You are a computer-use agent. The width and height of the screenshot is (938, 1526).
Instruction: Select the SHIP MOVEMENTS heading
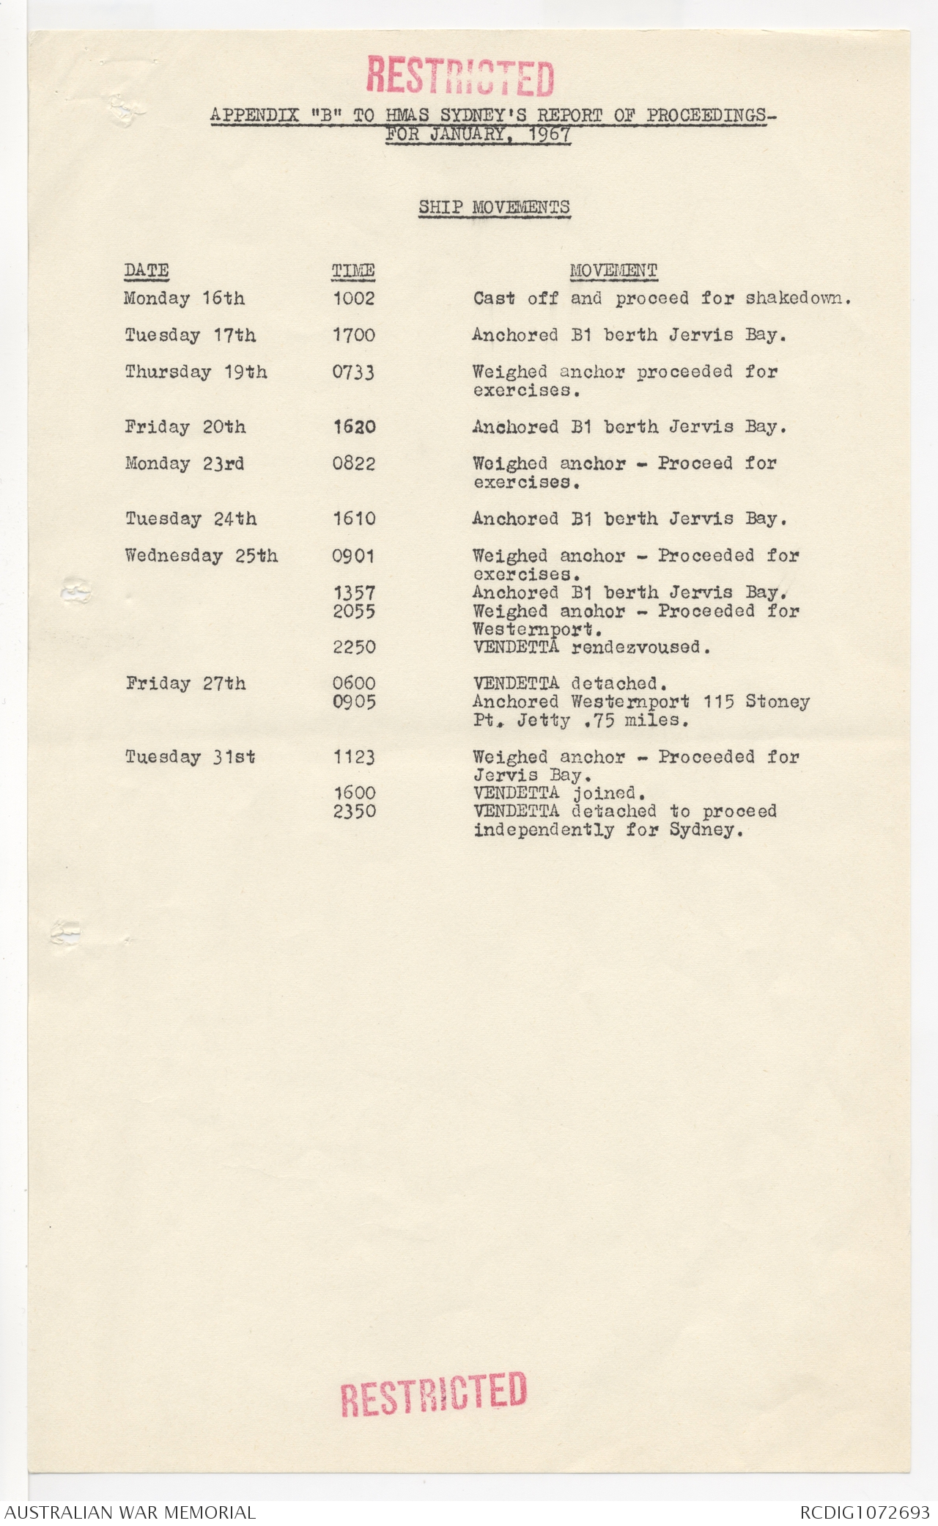[494, 208]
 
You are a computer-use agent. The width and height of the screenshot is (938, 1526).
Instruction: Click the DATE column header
[147, 271]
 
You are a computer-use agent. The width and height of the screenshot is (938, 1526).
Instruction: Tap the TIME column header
[353, 271]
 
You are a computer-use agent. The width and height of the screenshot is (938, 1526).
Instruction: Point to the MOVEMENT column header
[613, 271]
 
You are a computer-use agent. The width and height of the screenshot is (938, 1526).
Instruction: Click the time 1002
[353, 298]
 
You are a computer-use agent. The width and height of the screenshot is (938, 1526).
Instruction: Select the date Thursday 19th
[196, 372]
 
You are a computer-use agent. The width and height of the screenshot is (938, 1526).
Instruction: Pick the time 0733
[353, 373]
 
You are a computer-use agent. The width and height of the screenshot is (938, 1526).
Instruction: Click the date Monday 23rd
[185, 463]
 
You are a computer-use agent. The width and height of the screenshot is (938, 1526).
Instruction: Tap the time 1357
[354, 593]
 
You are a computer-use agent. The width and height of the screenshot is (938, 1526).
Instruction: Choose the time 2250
[354, 648]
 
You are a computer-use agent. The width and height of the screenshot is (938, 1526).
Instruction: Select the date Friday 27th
[185, 683]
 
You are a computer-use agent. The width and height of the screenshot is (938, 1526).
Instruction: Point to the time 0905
[354, 702]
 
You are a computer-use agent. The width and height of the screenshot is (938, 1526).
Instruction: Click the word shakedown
[797, 298]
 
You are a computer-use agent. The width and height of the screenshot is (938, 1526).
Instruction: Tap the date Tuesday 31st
[191, 757]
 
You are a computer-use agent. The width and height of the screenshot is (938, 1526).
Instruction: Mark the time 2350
[355, 811]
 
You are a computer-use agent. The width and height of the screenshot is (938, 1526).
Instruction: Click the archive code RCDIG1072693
[865, 1512]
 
